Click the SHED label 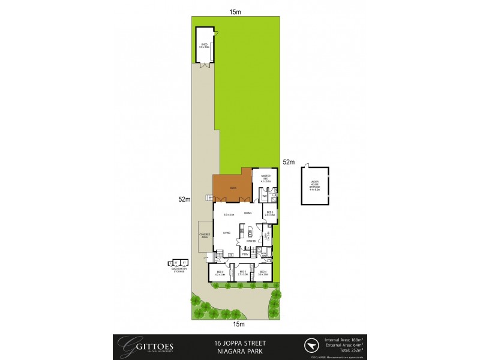click(204, 43)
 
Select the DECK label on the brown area click(233, 188)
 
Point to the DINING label click(247, 213)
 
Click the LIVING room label click(227, 232)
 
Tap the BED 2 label click(220, 273)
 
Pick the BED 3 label click(243, 273)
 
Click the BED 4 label click(263, 273)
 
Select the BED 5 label click(269, 212)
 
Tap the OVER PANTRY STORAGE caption click(178, 271)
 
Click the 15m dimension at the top click(239, 11)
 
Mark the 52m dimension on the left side click(184, 199)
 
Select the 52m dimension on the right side click(289, 162)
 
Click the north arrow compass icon click(311, 346)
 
